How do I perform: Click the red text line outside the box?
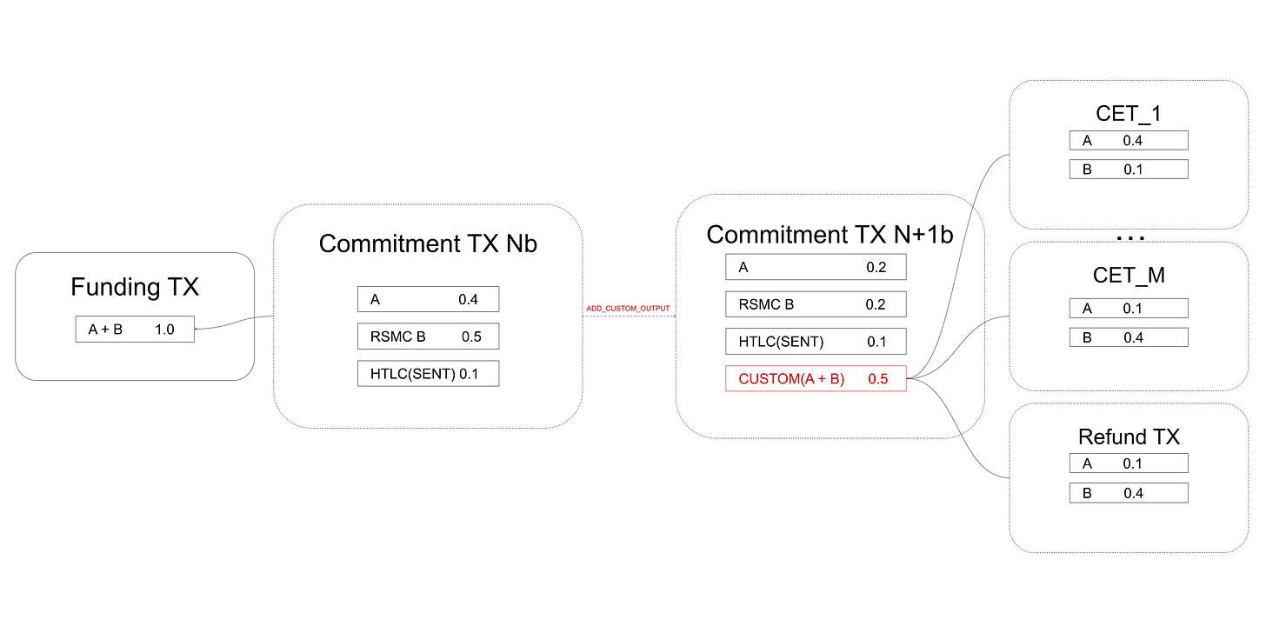[x=628, y=308]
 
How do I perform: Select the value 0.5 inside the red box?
[x=878, y=379]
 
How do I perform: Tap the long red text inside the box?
[x=791, y=379]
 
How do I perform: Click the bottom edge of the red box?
[x=816, y=392]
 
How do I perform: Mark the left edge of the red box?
[x=725, y=379]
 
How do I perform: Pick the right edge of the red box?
[x=906, y=379]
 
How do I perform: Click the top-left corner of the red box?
[x=725, y=365]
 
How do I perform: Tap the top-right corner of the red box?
[x=906, y=365]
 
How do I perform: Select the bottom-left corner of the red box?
[x=725, y=392]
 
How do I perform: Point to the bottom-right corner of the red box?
[x=906, y=392]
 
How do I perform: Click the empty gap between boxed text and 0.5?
[x=856, y=379]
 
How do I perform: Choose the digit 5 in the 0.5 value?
[x=884, y=379]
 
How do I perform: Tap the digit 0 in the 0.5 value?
[x=871, y=379]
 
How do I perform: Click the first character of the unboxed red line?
[x=589, y=308]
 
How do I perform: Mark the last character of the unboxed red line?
[x=668, y=308]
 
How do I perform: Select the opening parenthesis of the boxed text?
[x=740, y=379]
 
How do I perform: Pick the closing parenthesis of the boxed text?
[x=843, y=379]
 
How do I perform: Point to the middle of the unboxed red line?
[x=628, y=308]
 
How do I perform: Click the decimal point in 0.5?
[x=878, y=383]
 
